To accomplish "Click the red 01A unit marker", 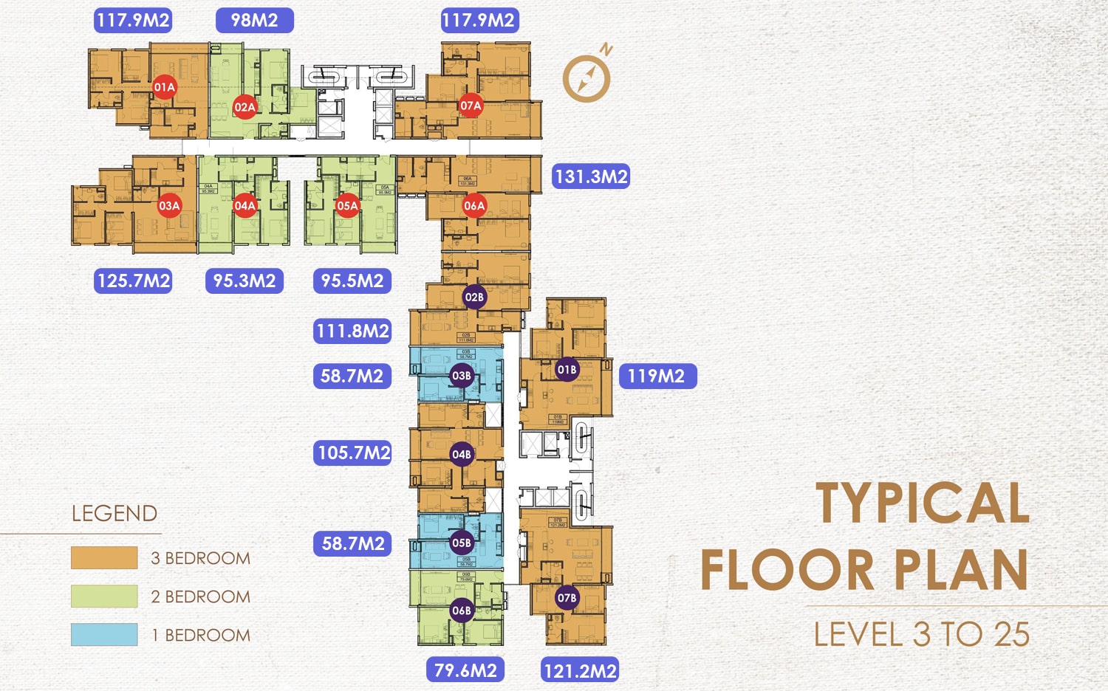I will click(x=164, y=87).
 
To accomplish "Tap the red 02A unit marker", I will click(x=244, y=107).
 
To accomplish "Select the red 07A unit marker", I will click(x=471, y=106).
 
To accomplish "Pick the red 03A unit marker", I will click(x=169, y=206).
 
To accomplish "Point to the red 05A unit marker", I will click(x=347, y=206).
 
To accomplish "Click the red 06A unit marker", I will click(x=474, y=206).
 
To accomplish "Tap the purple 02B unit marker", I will click(x=474, y=298).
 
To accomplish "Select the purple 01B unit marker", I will click(x=567, y=370).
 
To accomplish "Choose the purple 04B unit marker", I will click(x=462, y=455).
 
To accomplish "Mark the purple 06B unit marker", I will click(x=462, y=611).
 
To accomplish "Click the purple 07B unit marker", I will click(x=567, y=598).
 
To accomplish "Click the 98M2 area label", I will click(x=255, y=20).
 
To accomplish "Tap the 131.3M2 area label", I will click(x=591, y=176).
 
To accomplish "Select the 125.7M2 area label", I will click(x=134, y=281).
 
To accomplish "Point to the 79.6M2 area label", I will click(x=465, y=670).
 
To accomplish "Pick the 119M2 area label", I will click(x=657, y=376).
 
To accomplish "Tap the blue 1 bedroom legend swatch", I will click(x=104, y=635).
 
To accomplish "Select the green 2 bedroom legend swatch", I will click(x=104, y=597).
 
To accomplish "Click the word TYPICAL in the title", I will click(x=923, y=503).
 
